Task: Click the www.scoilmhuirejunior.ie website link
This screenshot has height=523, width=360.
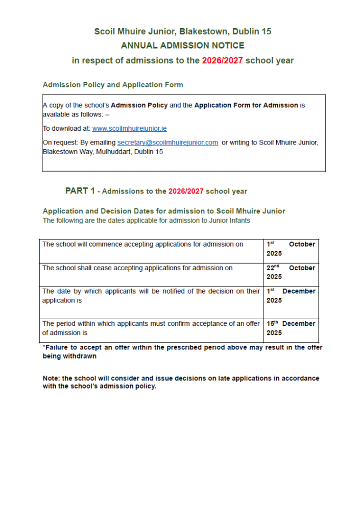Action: (x=129, y=129)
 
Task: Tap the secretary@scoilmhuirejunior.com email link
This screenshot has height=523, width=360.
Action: (x=167, y=142)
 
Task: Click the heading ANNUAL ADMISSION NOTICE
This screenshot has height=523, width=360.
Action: (x=182, y=46)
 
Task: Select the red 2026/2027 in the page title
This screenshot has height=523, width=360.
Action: (x=222, y=61)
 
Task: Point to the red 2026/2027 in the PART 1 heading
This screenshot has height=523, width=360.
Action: (x=186, y=192)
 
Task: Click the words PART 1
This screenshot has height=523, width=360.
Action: (x=80, y=191)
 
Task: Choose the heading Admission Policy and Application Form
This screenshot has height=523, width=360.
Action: (x=113, y=85)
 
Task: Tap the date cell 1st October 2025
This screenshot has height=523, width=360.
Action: (x=291, y=249)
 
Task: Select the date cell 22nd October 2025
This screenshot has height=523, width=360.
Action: (x=291, y=272)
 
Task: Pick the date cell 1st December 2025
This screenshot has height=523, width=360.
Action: (x=291, y=296)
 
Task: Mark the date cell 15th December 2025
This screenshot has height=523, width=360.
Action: (x=291, y=328)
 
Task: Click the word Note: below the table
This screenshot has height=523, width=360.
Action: (x=52, y=378)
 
